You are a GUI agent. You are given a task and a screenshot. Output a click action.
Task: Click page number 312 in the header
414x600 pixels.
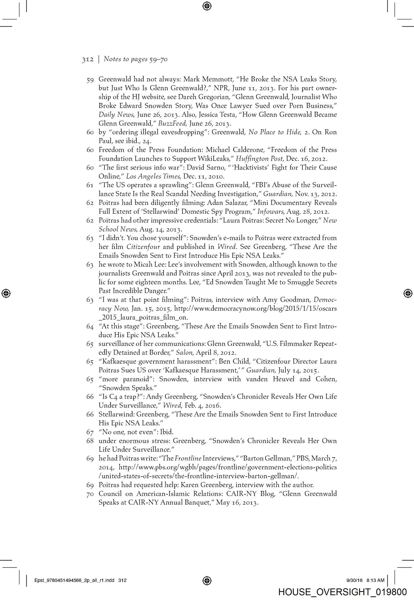[88, 59]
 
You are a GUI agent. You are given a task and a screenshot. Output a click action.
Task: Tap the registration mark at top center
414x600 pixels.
[207, 6]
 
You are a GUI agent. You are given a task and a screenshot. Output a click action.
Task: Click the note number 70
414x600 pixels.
[90, 494]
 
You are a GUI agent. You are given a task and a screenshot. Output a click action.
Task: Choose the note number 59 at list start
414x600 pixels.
[90, 80]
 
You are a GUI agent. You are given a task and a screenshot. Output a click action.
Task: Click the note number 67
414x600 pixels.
[90, 432]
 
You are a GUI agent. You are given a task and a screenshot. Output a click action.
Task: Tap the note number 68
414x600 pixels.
[90, 441]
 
